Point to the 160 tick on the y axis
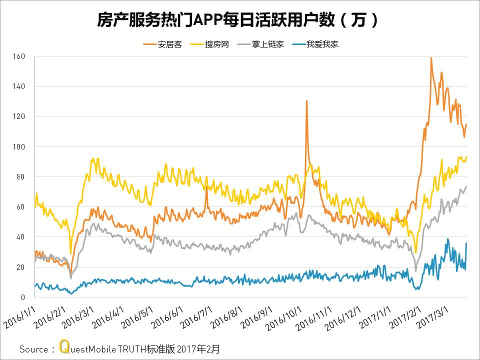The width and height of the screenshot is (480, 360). [x=19, y=56]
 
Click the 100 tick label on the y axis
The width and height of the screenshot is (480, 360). [x=19, y=146]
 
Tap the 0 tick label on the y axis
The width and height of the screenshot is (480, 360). [x=23, y=297]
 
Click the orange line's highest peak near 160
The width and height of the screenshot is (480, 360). [x=431, y=58]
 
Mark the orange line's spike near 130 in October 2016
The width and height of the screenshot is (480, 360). [x=306, y=101]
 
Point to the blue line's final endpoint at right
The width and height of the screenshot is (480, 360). [x=466, y=243]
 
